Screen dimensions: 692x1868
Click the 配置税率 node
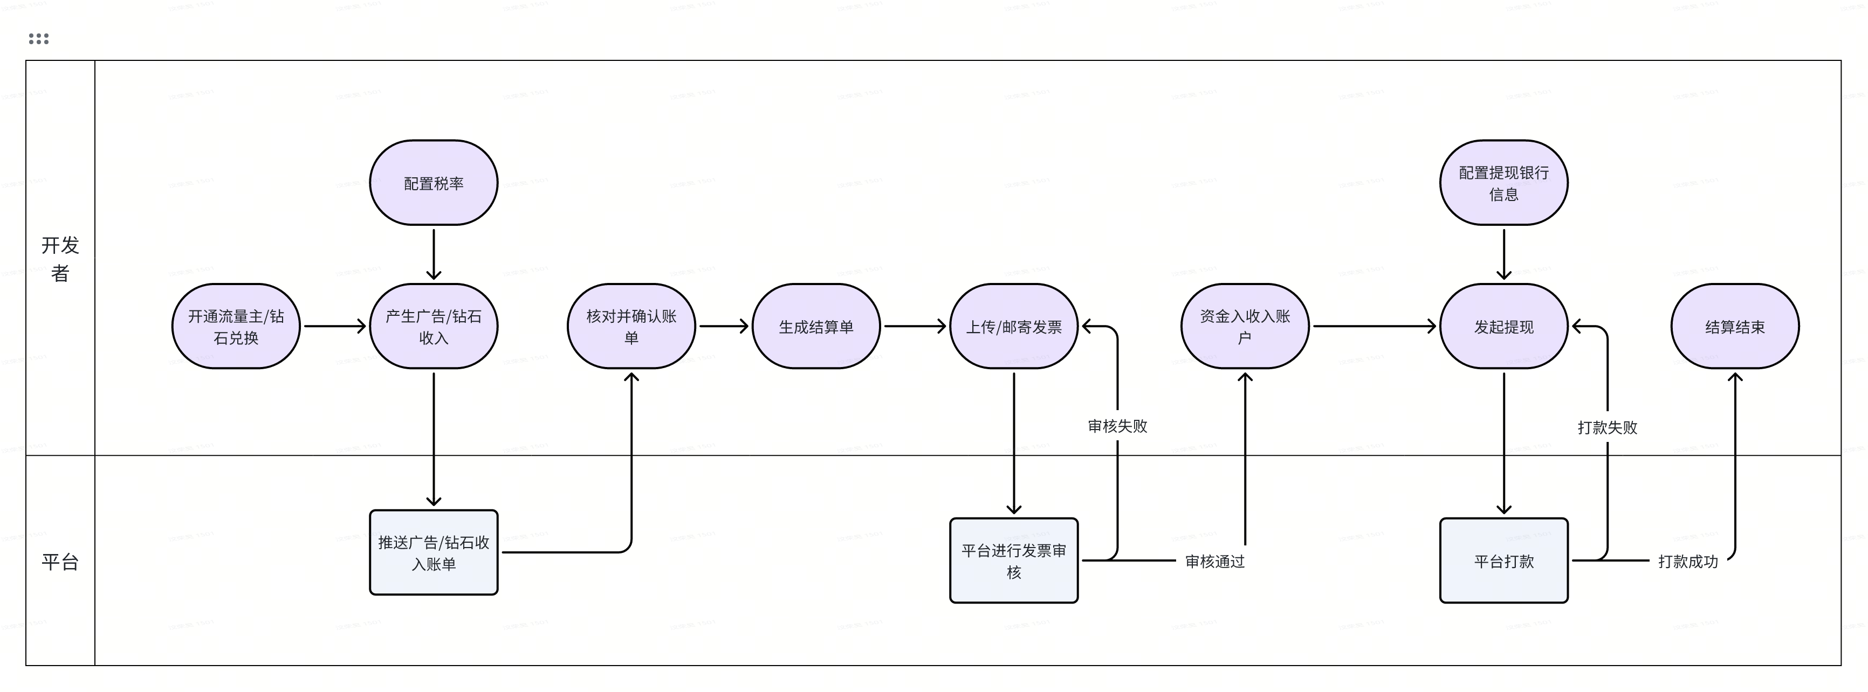click(433, 183)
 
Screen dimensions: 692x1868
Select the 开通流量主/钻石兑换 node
click(236, 326)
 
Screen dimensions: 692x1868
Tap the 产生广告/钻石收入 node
click(433, 326)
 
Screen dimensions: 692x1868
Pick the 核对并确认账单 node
click(631, 326)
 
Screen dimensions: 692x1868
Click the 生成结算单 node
click(816, 326)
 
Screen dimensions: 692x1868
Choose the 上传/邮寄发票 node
click(1013, 326)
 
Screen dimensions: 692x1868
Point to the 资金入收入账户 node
click(1245, 326)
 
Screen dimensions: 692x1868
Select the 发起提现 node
click(1503, 326)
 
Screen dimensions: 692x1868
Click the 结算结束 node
click(1735, 326)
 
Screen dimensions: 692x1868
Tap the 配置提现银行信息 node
click(1503, 183)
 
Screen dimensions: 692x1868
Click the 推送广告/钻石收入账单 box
click(433, 552)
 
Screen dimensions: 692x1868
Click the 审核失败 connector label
click(1117, 426)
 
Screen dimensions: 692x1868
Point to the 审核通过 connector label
click(1214, 561)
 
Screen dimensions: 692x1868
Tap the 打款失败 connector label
click(1607, 427)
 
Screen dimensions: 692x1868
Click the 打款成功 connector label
click(1687, 561)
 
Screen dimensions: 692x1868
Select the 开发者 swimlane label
click(60, 259)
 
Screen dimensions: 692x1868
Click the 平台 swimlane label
click(60, 562)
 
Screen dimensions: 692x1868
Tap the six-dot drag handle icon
click(38, 38)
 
